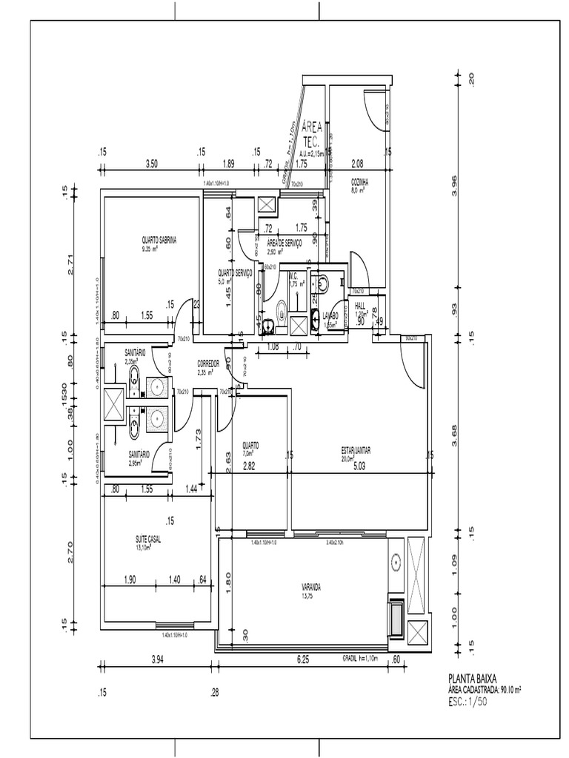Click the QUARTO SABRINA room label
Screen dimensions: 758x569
(x=159, y=240)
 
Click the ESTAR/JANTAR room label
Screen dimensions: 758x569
(x=356, y=449)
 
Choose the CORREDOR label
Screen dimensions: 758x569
(x=209, y=363)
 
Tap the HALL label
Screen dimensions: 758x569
(x=360, y=305)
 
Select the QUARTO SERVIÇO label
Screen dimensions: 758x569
(x=236, y=272)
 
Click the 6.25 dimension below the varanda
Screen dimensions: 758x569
(x=305, y=659)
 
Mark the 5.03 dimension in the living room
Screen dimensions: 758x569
(x=359, y=466)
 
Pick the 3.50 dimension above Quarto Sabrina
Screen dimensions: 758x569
(x=151, y=164)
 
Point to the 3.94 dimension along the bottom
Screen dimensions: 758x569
(x=158, y=659)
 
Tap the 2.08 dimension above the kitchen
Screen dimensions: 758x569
(x=357, y=164)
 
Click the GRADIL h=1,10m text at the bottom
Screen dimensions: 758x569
(x=360, y=657)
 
